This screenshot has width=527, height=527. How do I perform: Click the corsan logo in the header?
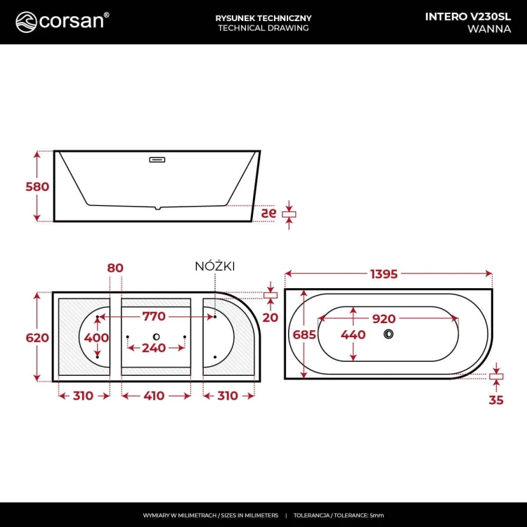62,21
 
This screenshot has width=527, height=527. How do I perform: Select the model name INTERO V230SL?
468,17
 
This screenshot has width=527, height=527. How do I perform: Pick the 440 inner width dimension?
353,335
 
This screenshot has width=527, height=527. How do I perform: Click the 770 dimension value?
154,317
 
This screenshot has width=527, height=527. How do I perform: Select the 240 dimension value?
154,348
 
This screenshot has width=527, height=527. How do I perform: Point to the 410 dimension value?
154,396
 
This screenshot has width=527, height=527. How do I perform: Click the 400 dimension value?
96,338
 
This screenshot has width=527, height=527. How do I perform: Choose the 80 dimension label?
115,268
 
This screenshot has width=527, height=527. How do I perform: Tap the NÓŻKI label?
214,266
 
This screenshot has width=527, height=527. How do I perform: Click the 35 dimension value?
496,401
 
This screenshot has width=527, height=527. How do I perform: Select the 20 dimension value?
271,317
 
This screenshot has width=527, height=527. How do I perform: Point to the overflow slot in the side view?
157,160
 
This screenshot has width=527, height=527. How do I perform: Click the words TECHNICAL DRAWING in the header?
263,28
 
